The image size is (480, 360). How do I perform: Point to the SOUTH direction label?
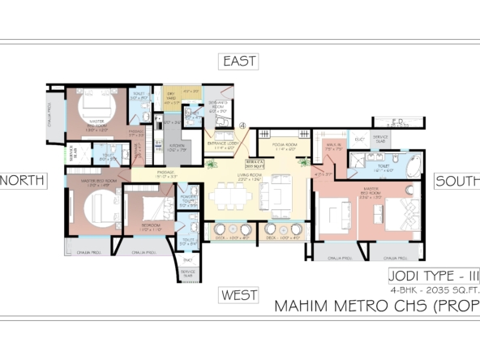point(457,181)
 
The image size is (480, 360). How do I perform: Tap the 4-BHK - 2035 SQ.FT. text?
point(433,289)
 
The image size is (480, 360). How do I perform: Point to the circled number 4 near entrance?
point(242,124)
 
